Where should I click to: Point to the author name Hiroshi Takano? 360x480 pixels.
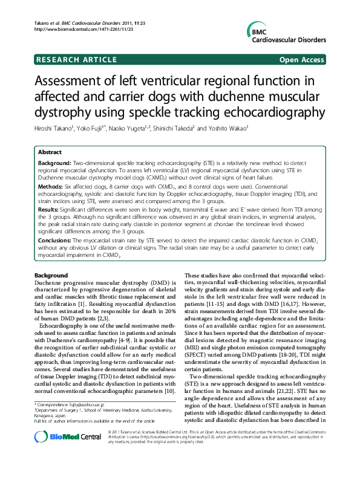[57, 128]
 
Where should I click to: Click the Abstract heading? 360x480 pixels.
[50, 152]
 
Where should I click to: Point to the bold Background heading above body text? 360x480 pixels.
[51, 275]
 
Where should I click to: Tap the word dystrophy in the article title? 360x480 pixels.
[70, 112]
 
